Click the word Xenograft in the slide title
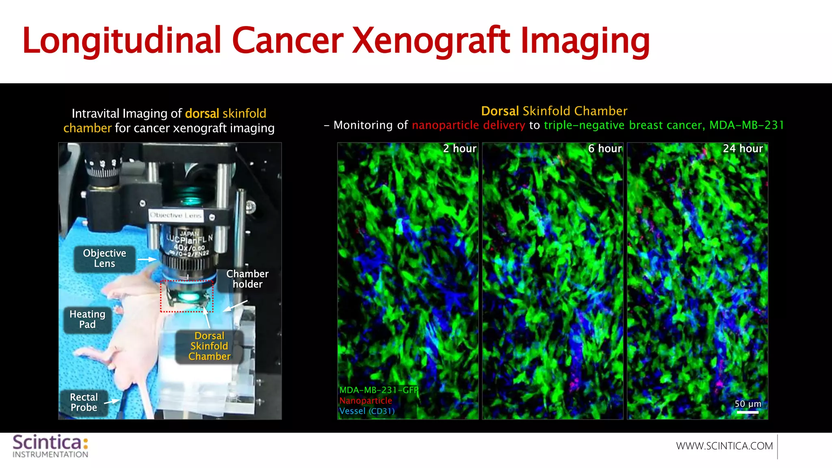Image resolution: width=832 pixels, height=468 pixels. [x=431, y=41]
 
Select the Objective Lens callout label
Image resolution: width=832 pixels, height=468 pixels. [x=104, y=258]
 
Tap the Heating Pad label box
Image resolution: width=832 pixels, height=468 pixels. [x=87, y=319]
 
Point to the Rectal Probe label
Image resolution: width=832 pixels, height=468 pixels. [x=84, y=402]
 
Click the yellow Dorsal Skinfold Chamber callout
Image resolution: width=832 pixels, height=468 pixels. [x=209, y=346]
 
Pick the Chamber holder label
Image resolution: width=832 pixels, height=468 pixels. [x=247, y=279]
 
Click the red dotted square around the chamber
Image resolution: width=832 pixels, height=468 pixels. [x=186, y=296]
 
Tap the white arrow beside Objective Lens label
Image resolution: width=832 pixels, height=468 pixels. [x=147, y=259]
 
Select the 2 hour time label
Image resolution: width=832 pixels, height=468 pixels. [x=459, y=149]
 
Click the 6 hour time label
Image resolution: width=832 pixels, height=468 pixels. [x=605, y=149]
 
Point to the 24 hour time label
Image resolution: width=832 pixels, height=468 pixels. [x=743, y=149]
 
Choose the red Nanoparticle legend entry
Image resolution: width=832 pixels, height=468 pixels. [x=366, y=401]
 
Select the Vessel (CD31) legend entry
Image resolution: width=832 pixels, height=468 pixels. [x=367, y=411]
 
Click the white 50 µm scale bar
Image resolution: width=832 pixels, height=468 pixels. [x=747, y=412]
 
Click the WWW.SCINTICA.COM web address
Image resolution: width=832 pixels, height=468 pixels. [x=724, y=446]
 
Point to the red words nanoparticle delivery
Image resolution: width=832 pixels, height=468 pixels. [x=468, y=125]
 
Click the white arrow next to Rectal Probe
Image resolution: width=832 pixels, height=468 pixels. [x=112, y=402]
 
